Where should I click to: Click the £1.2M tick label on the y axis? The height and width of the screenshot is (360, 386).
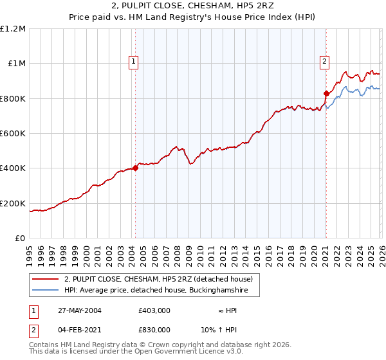click(13, 28)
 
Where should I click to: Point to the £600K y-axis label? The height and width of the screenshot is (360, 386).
click(13, 134)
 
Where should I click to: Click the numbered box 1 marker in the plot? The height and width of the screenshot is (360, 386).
click(133, 62)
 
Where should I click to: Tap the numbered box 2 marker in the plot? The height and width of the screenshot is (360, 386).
click(325, 62)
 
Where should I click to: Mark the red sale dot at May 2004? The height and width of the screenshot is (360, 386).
click(135, 168)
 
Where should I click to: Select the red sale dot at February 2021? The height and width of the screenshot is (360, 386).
click(326, 93)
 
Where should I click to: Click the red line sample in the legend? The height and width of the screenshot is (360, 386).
click(45, 279)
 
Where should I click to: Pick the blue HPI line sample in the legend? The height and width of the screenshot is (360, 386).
click(45, 291)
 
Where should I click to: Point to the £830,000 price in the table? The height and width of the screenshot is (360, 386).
click(154, 329)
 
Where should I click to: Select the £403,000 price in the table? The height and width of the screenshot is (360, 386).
click(154, 310)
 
